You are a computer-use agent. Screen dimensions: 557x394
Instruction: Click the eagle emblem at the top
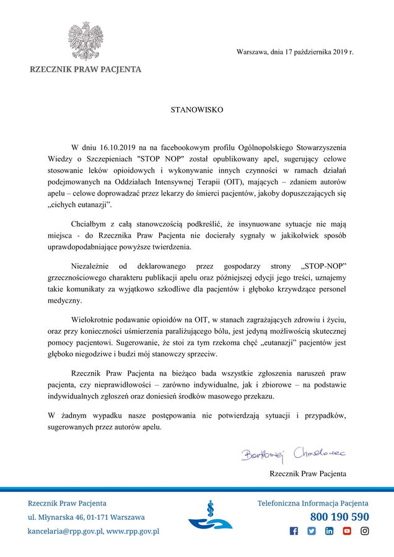tap(85, 41)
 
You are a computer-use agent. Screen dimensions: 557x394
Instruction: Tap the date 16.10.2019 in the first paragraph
tap(116, 148)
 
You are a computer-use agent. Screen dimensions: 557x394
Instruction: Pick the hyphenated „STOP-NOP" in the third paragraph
tap(323, 267)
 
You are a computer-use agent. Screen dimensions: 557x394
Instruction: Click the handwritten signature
tap(293, 456)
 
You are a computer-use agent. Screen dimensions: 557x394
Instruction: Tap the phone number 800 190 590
tap(339, 517)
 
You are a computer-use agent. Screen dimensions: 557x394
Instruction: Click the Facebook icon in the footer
tap(294, 531)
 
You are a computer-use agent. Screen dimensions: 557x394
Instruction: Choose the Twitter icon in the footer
tap(312, 531)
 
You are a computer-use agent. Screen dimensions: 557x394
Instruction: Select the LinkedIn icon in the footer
tap(329, 531)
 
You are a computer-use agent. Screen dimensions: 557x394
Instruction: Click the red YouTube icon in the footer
tap(347, 531)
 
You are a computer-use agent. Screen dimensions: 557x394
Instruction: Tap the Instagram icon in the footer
tap(365, 531)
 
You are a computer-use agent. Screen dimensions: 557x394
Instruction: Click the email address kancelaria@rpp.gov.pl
tap(64, 531)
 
